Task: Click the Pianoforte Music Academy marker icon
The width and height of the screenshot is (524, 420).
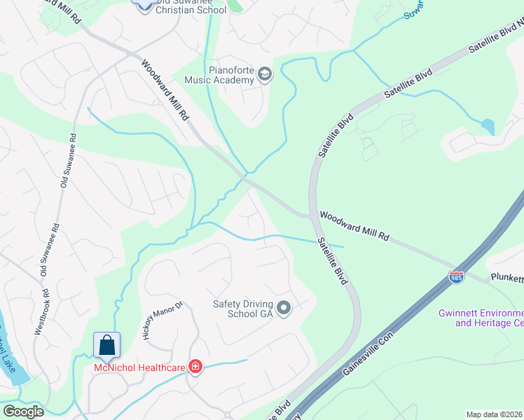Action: tap(264, 74)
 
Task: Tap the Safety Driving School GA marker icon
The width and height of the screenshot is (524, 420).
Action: tap(284, 308)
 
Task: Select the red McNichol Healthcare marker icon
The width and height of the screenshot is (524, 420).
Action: tap(194, 367)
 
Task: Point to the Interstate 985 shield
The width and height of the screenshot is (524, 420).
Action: tap(456, 278)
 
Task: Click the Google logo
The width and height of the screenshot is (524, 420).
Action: tap(23, 412)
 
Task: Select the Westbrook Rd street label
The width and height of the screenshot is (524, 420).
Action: tap(41, 311)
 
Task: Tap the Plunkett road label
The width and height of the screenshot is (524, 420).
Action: tap(506, 278)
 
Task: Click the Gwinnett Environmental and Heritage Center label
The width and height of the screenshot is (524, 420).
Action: tap(481, 318)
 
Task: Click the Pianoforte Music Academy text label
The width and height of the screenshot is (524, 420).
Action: tap(219, 75)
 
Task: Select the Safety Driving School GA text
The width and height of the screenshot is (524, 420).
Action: tap(242, 308)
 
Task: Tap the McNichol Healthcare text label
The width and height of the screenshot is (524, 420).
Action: tap(139, 368)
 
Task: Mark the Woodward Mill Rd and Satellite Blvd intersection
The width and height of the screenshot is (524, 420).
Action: tap(311, 216)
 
